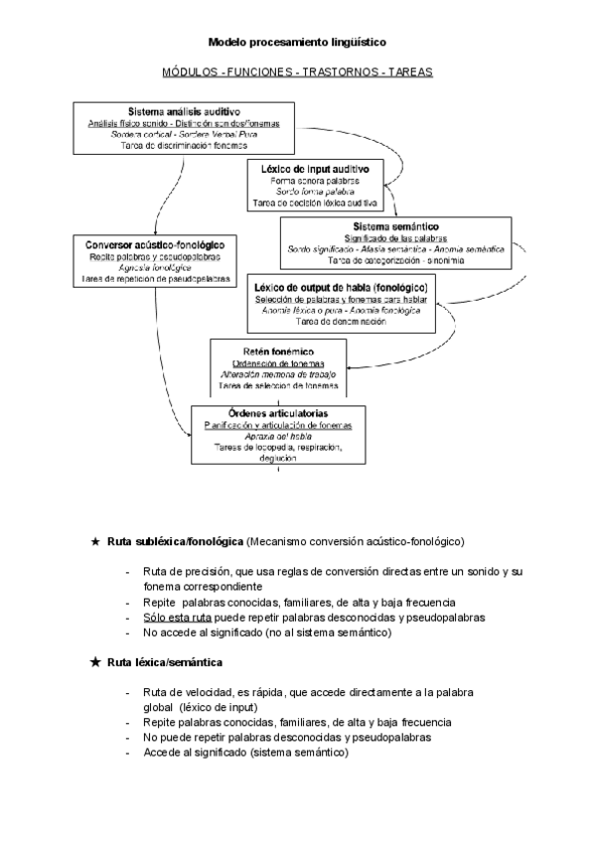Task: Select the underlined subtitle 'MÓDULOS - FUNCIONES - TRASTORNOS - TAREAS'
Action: [x=297, y=72]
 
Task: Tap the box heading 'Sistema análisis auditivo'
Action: [x=184, y=111]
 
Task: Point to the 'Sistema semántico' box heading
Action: [x=395, y=227]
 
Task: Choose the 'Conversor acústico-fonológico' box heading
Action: [x=154, y=244]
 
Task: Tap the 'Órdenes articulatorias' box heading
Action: [x=278, y=413]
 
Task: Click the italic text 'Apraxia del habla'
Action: [x=278, y=436]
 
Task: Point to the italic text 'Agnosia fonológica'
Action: [x=154, y=268]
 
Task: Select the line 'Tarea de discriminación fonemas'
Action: [x=184, y=146]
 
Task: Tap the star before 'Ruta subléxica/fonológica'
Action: [x=94, y=541]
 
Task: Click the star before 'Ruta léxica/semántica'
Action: [x=94, y=661]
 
